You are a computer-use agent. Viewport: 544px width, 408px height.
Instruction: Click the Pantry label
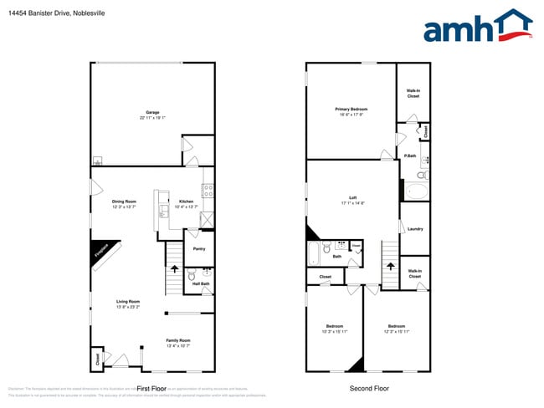[199, 248]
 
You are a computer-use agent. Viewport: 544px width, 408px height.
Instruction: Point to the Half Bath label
[201, 283]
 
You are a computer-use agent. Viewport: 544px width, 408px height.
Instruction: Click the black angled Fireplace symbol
[105, 255]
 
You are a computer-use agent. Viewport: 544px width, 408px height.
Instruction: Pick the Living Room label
[128, 303]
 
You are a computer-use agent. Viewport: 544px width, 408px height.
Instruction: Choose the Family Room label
[178, 341]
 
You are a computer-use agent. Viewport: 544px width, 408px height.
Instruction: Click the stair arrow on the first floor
[175, 268]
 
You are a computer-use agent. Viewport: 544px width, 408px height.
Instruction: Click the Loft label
[353, 199]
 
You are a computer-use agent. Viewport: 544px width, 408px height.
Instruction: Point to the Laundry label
[415, 228]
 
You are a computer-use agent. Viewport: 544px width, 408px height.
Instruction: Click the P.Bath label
[410, 156]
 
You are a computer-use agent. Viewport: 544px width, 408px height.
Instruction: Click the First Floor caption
[152, 389]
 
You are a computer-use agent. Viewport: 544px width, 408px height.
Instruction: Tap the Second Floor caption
[368, 389]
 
